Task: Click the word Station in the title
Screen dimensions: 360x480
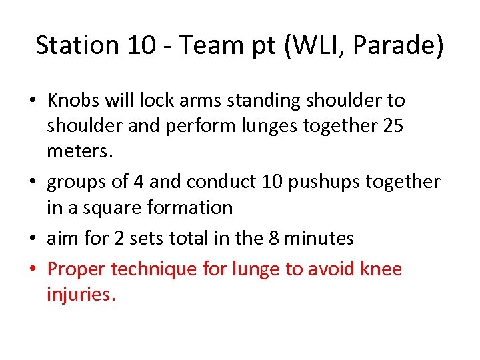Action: pos(77,45)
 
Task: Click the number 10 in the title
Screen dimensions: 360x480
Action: pos(143,45)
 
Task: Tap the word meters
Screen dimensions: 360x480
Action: pos(77,151)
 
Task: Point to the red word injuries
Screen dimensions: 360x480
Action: pos(81,295)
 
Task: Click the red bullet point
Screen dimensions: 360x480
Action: pos(33,270)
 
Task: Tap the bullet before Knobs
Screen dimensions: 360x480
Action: pos(33,101)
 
